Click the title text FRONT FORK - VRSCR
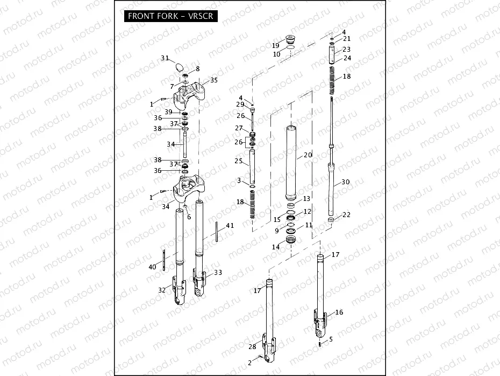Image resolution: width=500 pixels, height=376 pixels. pos(170,16)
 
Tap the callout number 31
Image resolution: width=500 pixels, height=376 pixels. pos(165,58)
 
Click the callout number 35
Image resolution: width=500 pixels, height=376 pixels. pos(214,80)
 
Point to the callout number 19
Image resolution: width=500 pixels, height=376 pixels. pos(276,45)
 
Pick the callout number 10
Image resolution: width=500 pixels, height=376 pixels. pos(276,54)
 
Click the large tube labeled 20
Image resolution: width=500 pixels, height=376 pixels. pos(293,162)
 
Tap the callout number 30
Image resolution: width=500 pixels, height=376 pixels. pos(346,182)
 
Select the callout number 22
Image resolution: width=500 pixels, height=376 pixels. pos(346,215)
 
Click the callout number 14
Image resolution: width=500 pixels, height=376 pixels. pos(276,247)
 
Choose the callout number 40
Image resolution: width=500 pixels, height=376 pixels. pos(152,267)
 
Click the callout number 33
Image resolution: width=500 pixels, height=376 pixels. pos(218,273)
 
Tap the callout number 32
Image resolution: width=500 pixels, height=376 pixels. pos(162,290)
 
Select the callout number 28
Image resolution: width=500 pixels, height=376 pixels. pos(252,346)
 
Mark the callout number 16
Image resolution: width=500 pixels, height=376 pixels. pos(339,312)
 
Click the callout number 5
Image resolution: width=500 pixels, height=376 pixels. pos(331,339)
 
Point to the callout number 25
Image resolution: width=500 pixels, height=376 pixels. pos(239,161)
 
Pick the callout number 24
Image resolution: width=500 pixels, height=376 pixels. pos(347,58)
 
